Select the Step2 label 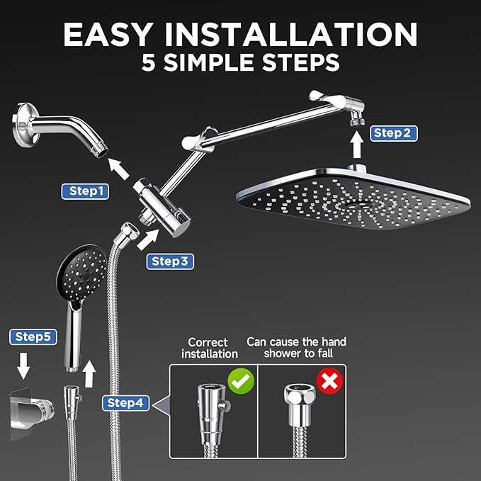point(392,132)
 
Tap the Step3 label point(171,261)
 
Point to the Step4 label point(126,403)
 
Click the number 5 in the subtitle point(149,62)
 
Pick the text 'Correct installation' point(209,348)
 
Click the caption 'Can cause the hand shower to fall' point(296,348)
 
